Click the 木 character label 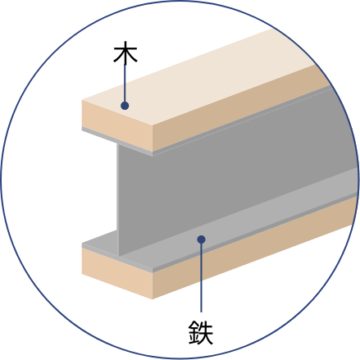pyautogui.click(x=125, y=52)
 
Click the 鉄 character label pyautogui.click(x=201, y=332)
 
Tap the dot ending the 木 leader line pyautogui.click(x=125, y=106)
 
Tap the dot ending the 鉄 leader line pyautogui.click(x=201, y=239)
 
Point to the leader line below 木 pyautogui.click(x=125, y=83)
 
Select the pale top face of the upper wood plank pyautogui.click(x=197, y=80)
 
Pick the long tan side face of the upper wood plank pyautogui.click(x=240, y=109)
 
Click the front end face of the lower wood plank pyautogui.click(x=117, y=272)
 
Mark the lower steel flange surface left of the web pyautogui.click(x=100, y=239)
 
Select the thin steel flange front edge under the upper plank pyautogui.click(x=117, y=141)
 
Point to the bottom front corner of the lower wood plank pyautogui.click(x=153, y=298)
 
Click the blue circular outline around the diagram pyautogui.click(x=180, y=1)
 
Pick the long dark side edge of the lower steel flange pyautogui.click(x=254, y=232)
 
